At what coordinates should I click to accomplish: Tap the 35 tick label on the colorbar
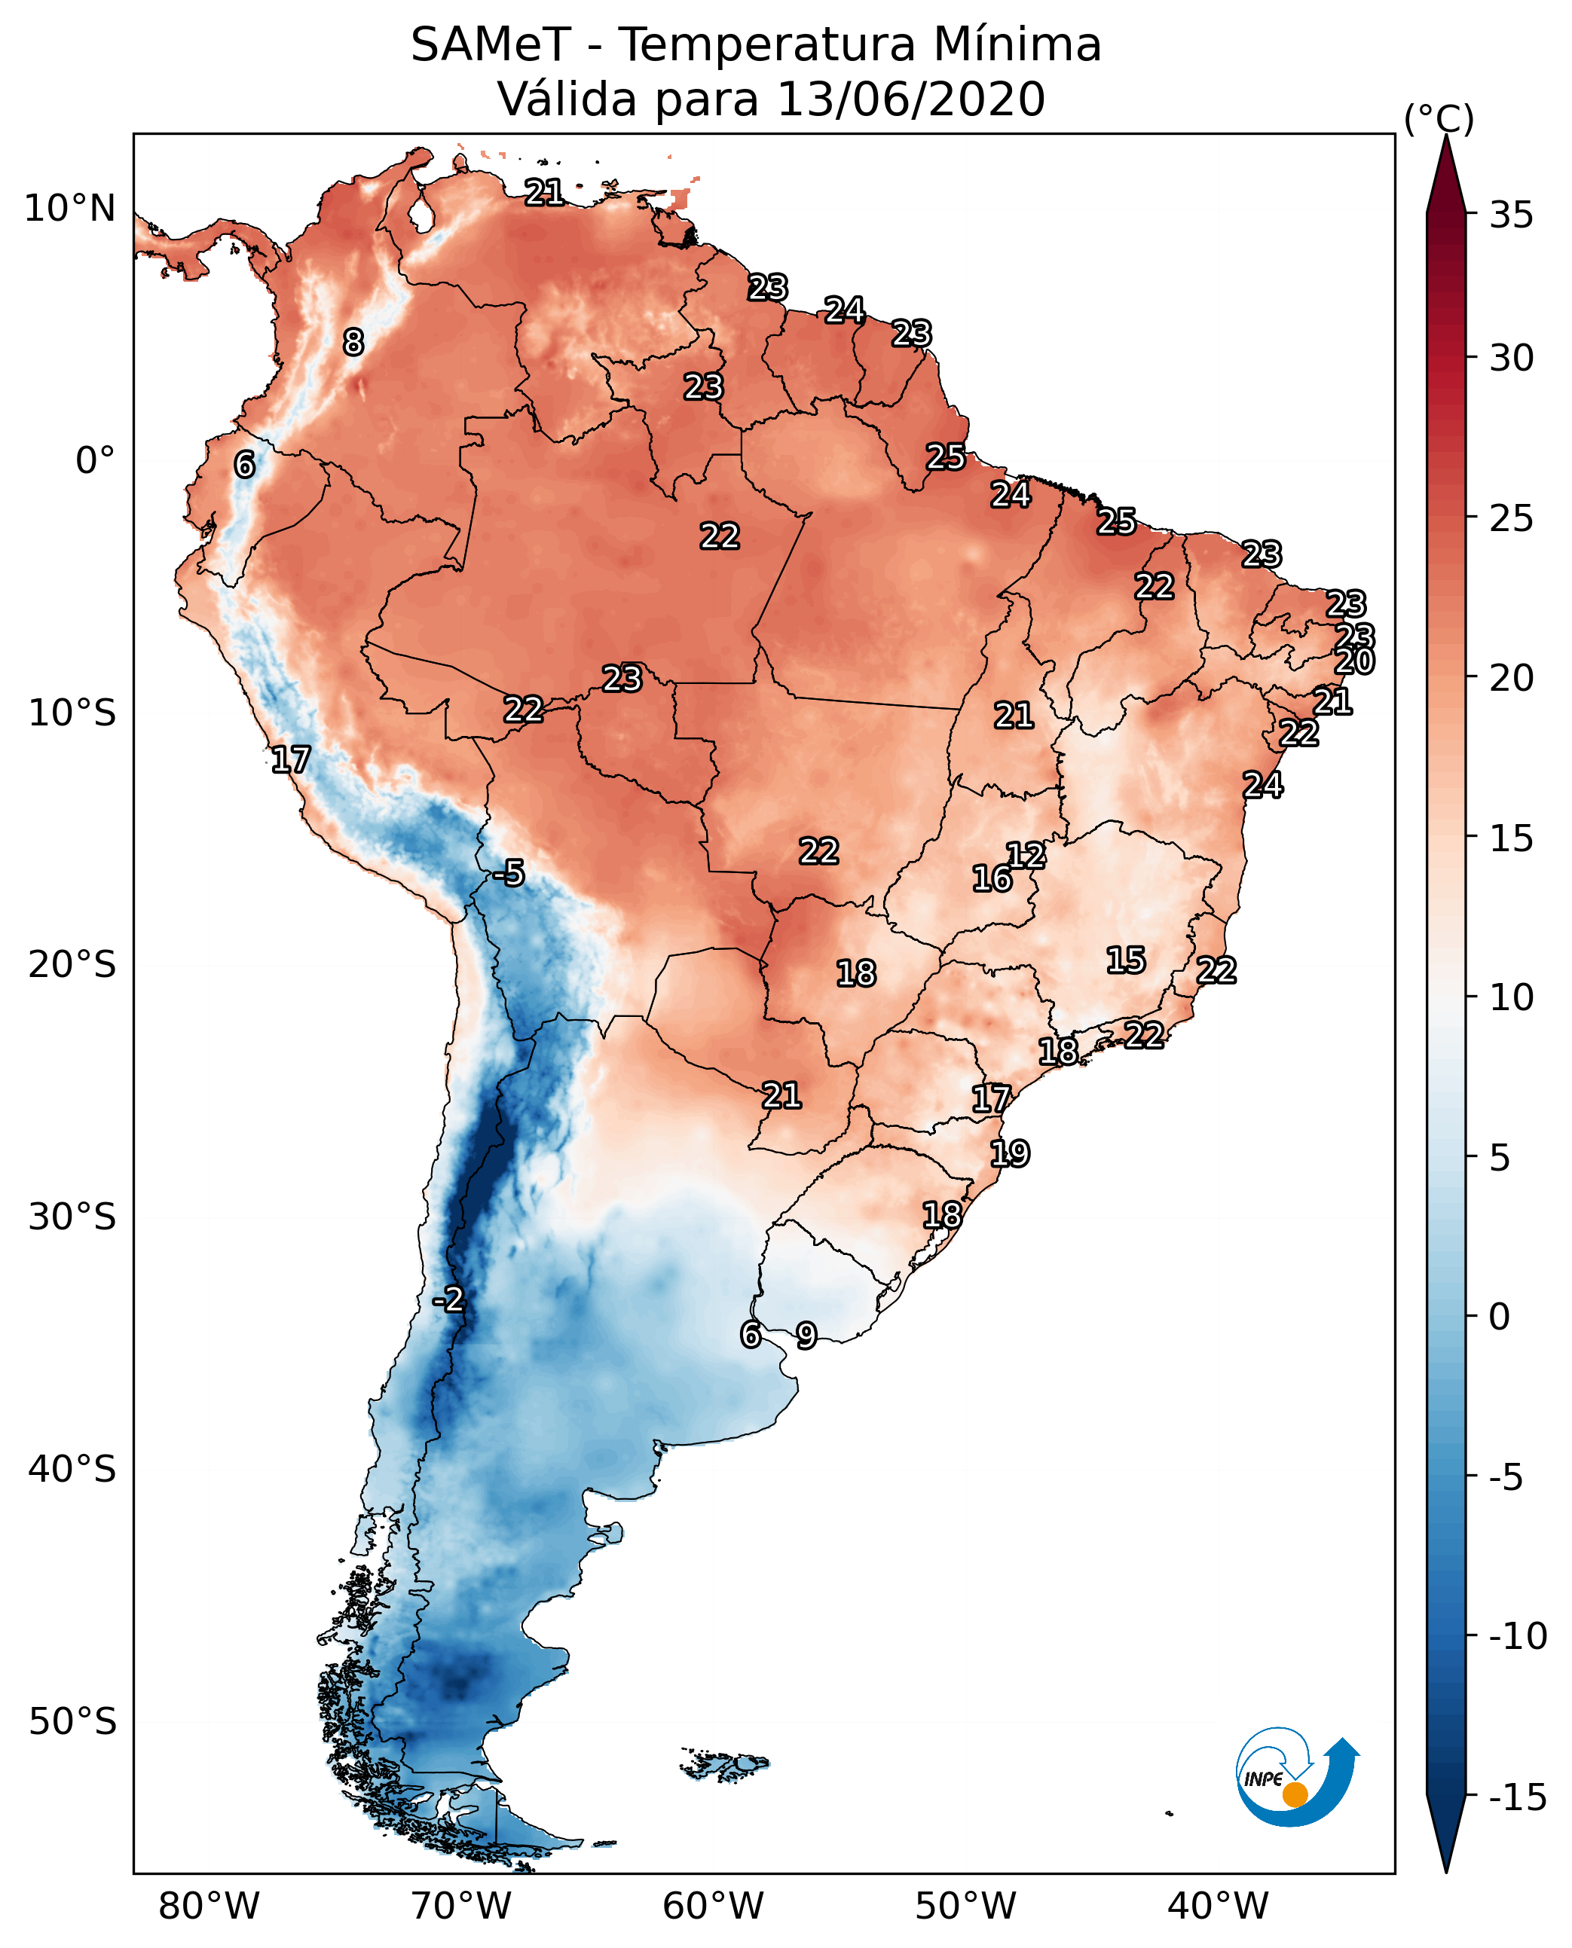(x=1511, y=215)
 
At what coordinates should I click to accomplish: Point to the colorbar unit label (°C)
(x=1439, y=118)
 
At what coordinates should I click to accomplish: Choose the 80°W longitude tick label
(x=209, y=1906)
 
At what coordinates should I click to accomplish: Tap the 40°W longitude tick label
(x=1218, y=1906)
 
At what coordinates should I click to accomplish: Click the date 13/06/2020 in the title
(x=911, y=99)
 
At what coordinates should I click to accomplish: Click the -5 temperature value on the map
(x=509, y=874)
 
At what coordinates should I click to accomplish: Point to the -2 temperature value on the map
(x=448, y=1300)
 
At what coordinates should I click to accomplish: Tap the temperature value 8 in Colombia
(x=353, y=342)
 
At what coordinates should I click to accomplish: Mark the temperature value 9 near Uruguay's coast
(x=806, y=1335)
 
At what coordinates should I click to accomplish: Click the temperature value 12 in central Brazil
(x=1026, y=854)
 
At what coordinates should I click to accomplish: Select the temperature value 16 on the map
(x=992, y=878)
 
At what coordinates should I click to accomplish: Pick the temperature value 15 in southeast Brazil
(x=1126, y=960)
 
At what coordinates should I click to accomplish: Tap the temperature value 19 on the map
(x=1010, y=1153)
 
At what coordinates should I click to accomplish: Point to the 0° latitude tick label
(x=95, y=461)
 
